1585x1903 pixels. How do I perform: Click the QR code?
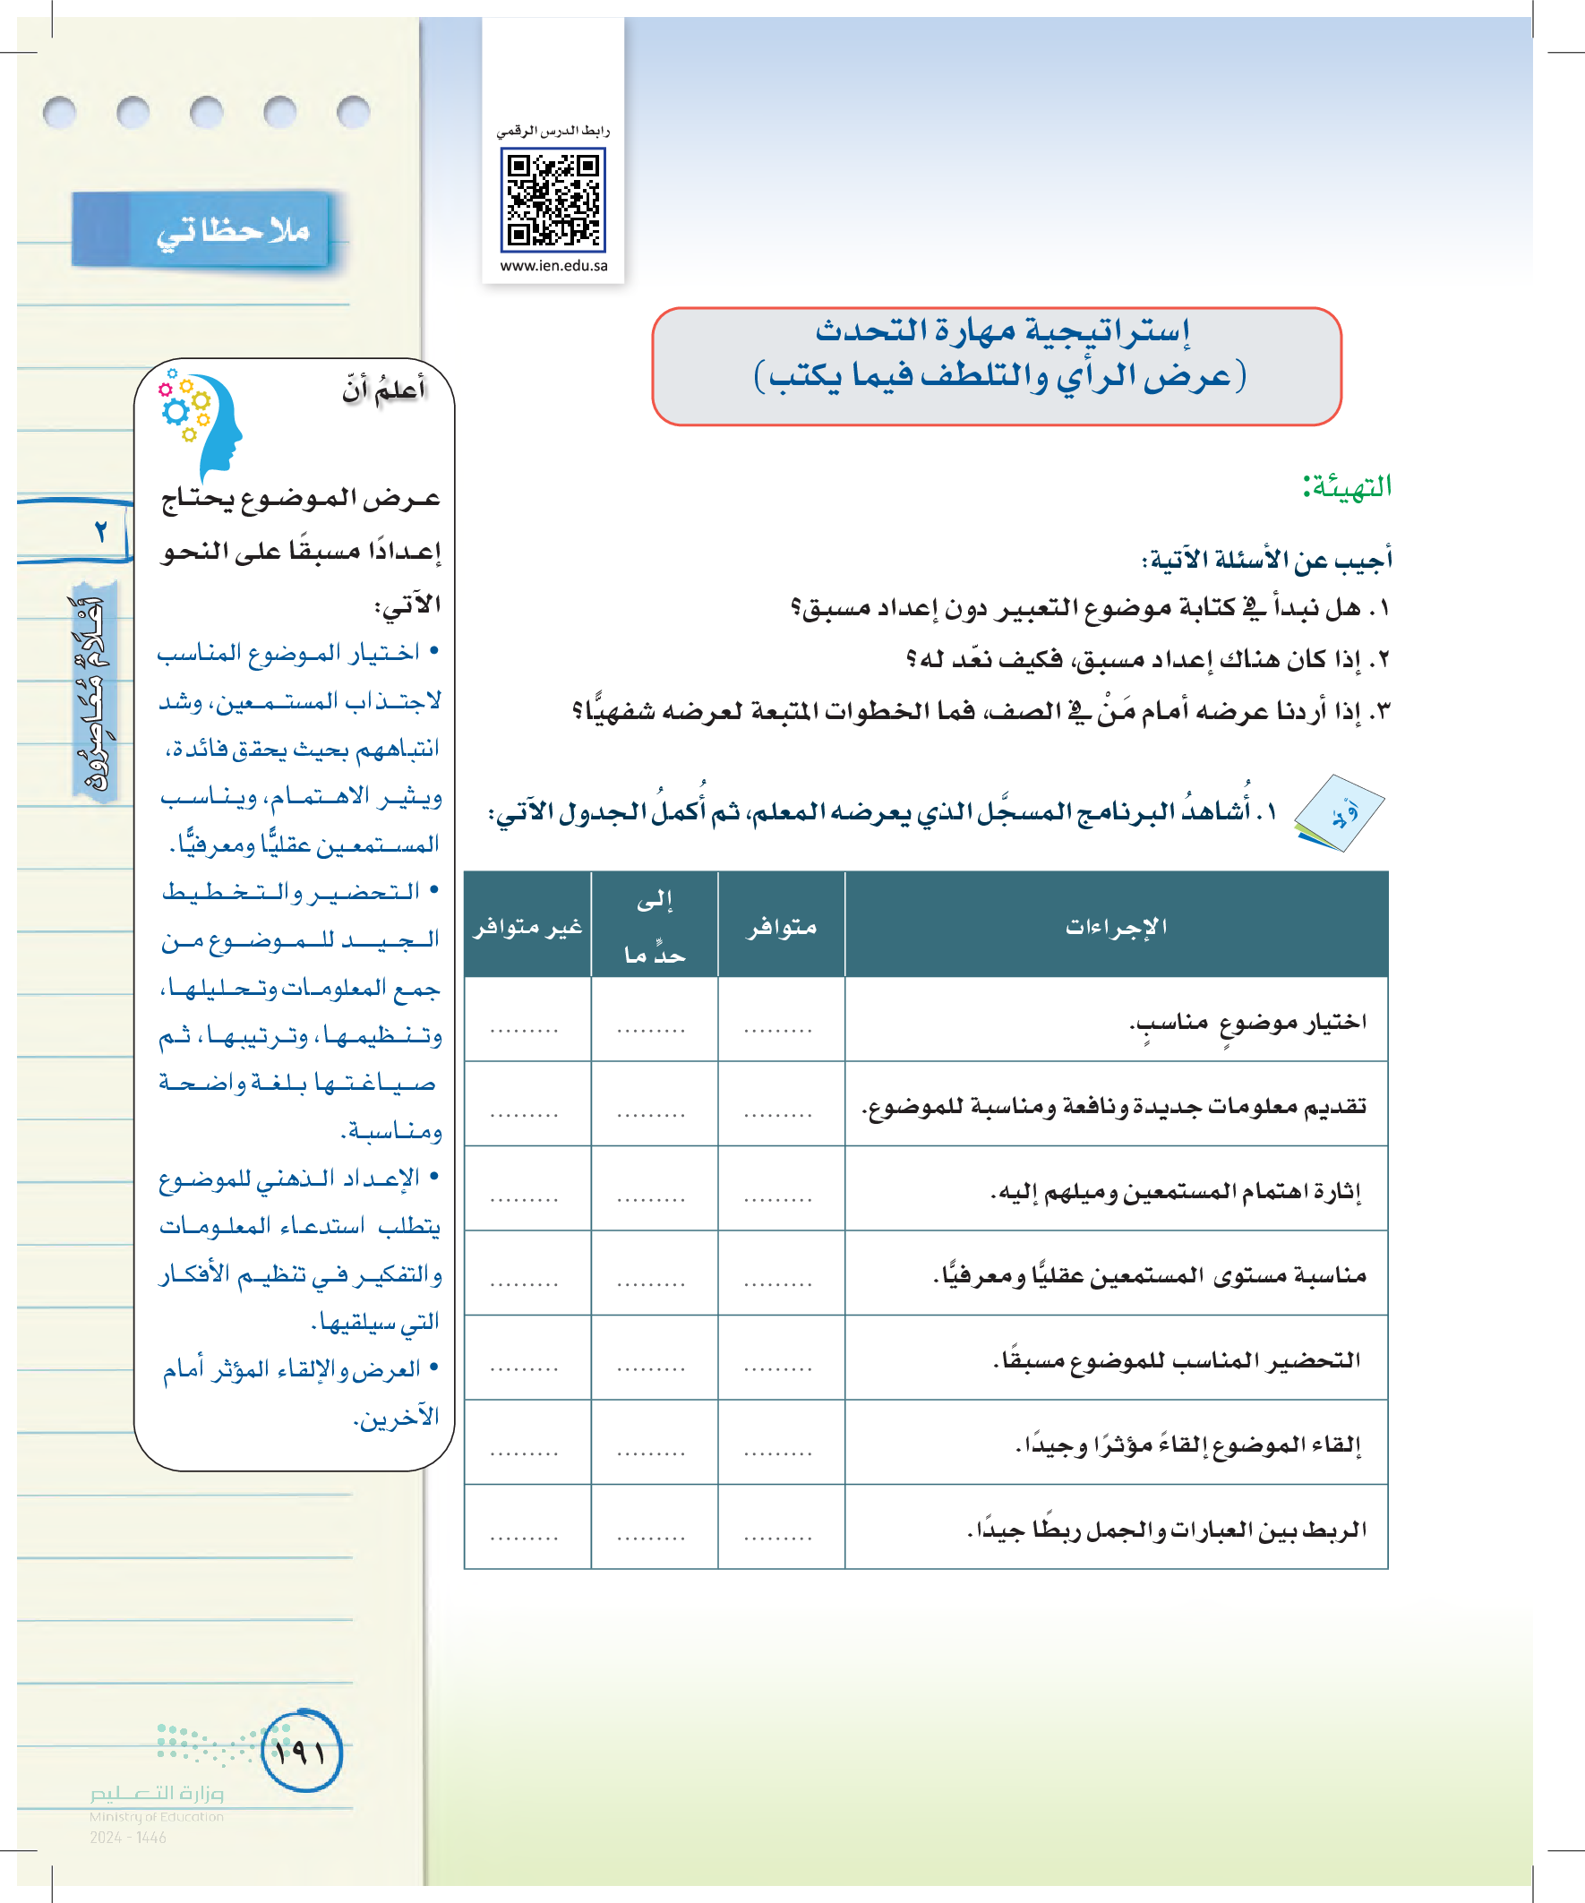[x=553, y=201]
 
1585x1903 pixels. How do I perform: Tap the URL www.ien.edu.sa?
[x=553, y=265]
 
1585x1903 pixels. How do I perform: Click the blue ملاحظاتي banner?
[x=201, y=230]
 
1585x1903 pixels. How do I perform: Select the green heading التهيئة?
[x=1347, y=486]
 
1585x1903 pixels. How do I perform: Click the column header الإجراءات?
[x=1116, y=926]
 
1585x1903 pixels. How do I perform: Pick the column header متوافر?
[x=781, y=926]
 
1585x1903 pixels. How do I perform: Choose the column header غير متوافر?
[x=527, y=926]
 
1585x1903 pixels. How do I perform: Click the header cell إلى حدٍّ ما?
[x=655, y=926]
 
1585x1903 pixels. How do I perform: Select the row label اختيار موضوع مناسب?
[x=1247, y=1022]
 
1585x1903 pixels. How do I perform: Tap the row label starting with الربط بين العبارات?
[x=1166, y=1530]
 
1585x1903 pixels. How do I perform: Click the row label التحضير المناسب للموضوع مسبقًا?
[x=1177, y=1360]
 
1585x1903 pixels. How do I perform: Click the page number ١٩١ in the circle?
[x=302, y=1752]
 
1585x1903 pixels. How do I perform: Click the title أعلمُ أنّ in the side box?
[x=384, y=390]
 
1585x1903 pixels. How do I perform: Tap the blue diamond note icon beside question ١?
[x=1340, y=813]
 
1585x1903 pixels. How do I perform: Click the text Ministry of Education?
[x=156, y=1816]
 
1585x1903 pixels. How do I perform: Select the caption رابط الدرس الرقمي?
[x=553, y=131]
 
